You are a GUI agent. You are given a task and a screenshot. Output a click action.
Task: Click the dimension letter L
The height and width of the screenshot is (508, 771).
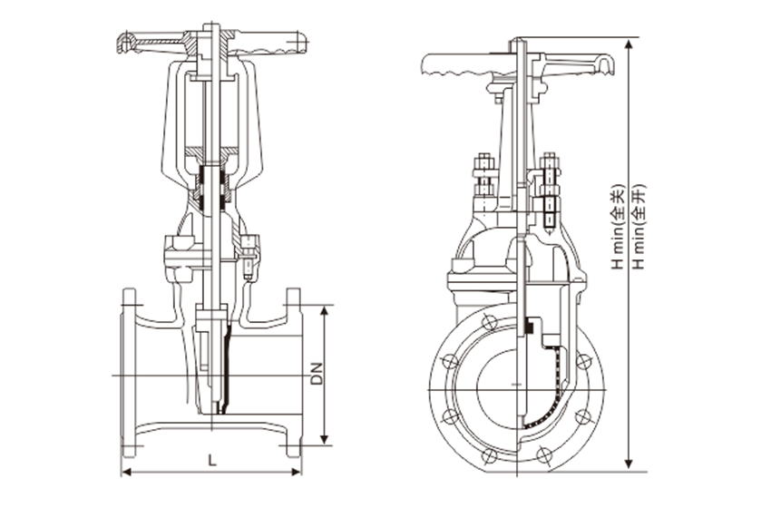pyautogui.click(x=212, y=461)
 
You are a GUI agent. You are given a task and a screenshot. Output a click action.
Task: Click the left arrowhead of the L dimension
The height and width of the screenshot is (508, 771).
pyautogui.click(x=126, y=473)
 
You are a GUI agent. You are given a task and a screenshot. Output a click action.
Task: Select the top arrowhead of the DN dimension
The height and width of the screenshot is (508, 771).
pyautogui.click(x=325, y=309)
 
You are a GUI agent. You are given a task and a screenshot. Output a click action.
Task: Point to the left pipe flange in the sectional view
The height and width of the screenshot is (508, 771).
pyautogui.click(x=130, y=373)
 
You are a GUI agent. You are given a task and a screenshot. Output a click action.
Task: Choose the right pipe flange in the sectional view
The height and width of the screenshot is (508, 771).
pyautogui.click(x=293, y=373)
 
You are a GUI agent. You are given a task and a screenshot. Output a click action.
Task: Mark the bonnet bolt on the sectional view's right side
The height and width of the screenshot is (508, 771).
pyautogui.click(x=249, y=254)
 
